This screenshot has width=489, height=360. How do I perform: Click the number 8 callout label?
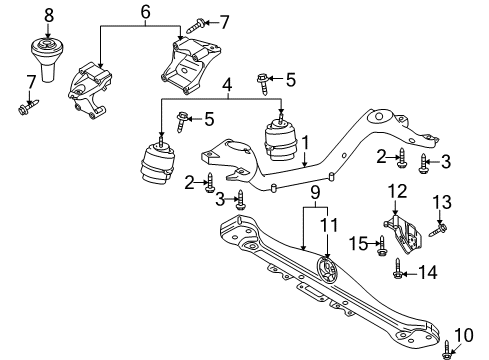pyautogui.click(x=49, y=15)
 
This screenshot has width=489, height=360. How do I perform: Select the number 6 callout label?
pyautogui.click(x=145, y=12)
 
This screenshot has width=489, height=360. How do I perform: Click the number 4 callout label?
pyautogui.click(x=227, y=85)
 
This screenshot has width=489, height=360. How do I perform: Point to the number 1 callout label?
pyautogui.click(x=305, y=142)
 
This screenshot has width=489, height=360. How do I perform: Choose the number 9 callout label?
pyautogui.click(x=315, y=193)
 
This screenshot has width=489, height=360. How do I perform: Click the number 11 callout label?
pyautogui.click(x=329, y=225)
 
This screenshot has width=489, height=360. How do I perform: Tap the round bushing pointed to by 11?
pyautogui.click(x=327, y=269)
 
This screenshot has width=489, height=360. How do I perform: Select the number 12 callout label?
pyautogui.click(x=397, y=191)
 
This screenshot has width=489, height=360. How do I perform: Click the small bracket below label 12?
pyautogui.click(x=404, y=234)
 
